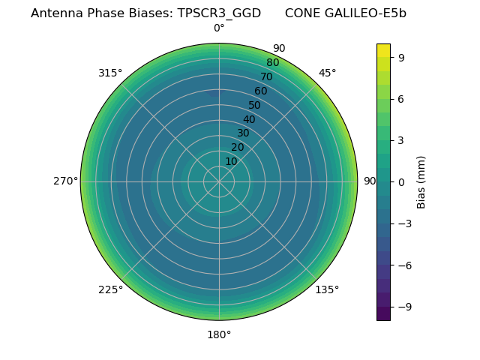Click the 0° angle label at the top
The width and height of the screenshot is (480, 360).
coord(219,28)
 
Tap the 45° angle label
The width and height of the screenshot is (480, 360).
coord(328,73)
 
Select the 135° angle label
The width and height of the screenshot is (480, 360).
coord(327,289)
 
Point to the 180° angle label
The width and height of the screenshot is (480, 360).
coord(219,334)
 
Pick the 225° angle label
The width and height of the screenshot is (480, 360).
coord(110,289)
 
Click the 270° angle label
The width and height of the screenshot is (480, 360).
coord(65,181)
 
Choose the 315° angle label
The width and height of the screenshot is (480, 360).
coord(110,73)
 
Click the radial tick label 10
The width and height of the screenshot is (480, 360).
coord(231,161)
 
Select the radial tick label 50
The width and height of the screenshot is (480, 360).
coord(255,105)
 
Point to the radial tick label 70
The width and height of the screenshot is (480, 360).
coord(266,76)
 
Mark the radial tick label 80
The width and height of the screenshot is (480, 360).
coord(272,62)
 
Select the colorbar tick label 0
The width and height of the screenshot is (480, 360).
coord(401,182)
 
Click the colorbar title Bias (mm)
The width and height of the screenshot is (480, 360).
coord(421,181)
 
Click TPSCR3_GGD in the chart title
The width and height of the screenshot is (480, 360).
coord(219,13)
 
